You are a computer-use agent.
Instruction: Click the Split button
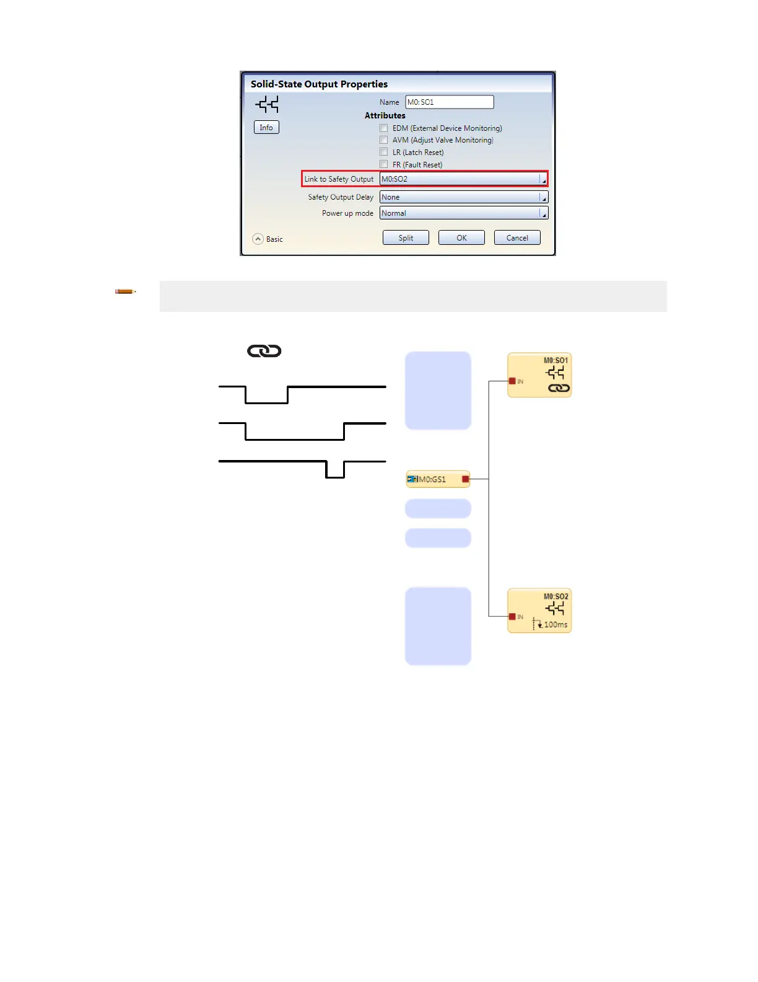(x=406, y=238)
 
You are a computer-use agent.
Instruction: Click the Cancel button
(x=517, y=238)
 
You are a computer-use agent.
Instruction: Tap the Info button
(x=266, y=128)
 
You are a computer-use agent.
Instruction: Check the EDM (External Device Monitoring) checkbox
(x=384, y=128)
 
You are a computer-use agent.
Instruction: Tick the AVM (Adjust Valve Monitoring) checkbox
(x=384, y=140)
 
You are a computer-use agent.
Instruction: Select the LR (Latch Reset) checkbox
(x=384, y=152)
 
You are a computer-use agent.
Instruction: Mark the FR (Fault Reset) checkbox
(x=384, y=164)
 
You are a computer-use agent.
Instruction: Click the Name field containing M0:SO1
(x=449, y=102)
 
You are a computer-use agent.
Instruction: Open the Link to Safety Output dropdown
(x=463, y=179)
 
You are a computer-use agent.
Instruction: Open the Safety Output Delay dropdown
(x=463, y=197)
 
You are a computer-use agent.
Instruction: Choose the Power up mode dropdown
(x=463, y=213)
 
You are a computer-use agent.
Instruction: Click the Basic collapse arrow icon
(x=258, y=239)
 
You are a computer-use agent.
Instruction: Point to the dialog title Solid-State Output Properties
(x=319, y=84)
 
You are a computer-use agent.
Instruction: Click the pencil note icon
(x=125, y=291)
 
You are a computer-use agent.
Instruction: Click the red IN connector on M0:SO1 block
(x=512, y=381)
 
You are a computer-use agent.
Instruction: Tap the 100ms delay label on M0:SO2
(x=555, y=625)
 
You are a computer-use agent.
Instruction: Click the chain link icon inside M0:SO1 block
(x=559, y=389)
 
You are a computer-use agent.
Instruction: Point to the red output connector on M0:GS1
(x=466, y=479)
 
